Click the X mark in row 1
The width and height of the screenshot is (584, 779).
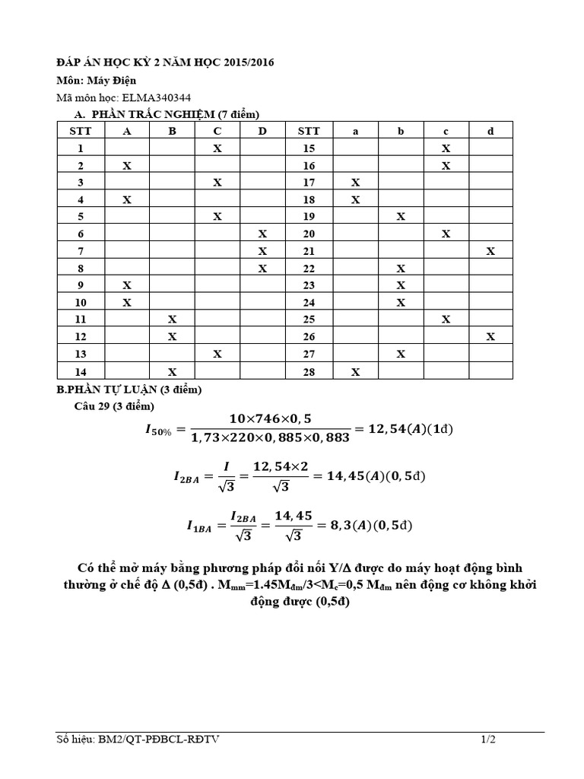click(217, 148)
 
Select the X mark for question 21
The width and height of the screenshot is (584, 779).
click(490, 250)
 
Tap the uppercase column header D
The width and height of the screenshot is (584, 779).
click(262, 131)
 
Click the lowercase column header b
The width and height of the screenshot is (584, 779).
click(401, 131)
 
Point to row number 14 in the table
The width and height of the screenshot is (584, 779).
click(81, 371)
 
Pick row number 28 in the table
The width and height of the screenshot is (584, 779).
click(309, 371)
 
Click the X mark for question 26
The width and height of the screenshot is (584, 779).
click(490, 335)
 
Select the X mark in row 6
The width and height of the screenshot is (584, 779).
click(262, 234)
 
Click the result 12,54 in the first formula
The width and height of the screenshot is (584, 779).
click(389, 428)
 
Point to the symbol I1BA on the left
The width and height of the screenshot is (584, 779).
click(198, 526)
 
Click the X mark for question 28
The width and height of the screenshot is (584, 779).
click(355, 371)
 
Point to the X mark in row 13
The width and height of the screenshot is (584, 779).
click(217, 353)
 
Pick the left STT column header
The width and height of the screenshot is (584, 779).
click(81, 131)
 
